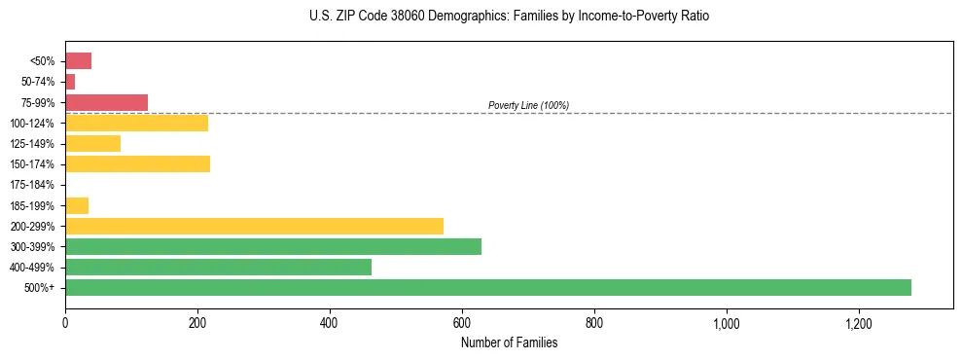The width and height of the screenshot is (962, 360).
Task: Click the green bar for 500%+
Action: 487,287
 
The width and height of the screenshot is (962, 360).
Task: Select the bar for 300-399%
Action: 272,246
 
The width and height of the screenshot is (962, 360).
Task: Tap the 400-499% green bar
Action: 218,267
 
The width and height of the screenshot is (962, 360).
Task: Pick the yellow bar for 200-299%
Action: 254,226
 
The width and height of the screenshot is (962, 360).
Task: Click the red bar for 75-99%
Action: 106,102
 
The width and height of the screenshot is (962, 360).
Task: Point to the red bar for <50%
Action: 78,61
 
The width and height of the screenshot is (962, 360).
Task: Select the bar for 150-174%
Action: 137,163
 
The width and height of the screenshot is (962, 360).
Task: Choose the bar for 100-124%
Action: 136,123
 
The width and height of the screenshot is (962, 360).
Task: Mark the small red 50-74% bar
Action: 70,82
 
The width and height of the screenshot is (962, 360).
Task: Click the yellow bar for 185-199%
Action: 77,205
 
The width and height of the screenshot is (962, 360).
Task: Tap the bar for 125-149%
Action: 92,143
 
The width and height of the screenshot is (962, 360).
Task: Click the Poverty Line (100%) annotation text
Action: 528,105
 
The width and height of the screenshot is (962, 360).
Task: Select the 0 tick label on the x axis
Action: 65,323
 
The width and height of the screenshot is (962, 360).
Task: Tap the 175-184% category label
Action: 33,185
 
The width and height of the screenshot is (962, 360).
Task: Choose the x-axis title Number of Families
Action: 509,342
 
